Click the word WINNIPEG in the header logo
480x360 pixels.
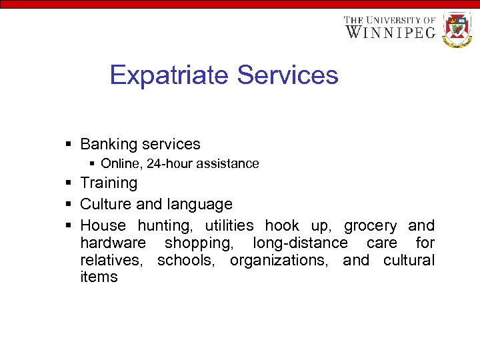(x=391, y=32)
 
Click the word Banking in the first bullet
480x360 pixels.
(x=107, y=144)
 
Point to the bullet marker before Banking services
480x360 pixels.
(x=69, y=144)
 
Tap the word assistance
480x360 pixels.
(x=231, y=163)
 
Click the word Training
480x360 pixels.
(x=109, y=183)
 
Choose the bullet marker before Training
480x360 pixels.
(x=69, y=183)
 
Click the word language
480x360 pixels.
(x=200, y=204)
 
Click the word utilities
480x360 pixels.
(x=229, y=226)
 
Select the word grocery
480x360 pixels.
(x=370, y=226)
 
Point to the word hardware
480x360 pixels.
(x=113, y=243)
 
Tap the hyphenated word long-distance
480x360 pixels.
(x=300, y=243)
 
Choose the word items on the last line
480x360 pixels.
(x=99, y=277)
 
